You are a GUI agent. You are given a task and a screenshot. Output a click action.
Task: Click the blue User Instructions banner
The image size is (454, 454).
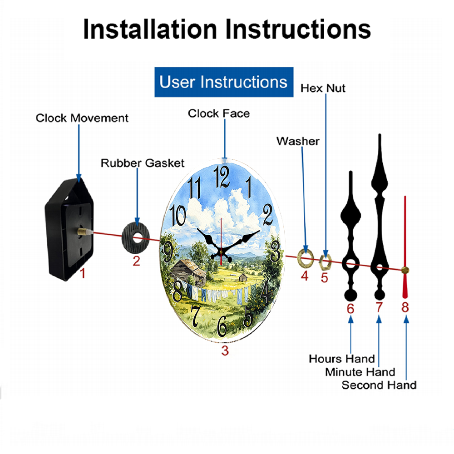[224, 82]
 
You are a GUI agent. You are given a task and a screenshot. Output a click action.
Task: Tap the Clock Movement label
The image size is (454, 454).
[82, 118]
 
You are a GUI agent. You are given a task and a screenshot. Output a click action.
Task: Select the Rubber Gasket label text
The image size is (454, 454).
[143, 163]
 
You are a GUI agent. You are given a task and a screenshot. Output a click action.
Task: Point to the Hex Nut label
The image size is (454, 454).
[323, 89]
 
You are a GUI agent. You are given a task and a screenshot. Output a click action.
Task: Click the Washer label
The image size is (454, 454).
[298, 141]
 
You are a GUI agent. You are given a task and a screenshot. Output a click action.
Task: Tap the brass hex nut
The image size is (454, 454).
[325, 262]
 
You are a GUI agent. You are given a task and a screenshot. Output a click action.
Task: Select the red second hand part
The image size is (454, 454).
[405, 247]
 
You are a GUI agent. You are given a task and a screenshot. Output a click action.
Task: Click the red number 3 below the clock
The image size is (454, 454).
[225, 351]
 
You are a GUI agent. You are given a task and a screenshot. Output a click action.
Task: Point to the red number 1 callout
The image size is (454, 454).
[83, 273]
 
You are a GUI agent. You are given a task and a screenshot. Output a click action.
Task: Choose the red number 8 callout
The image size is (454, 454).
[405, 307]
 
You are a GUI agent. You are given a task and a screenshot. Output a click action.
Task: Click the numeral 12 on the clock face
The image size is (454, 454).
[222, 177]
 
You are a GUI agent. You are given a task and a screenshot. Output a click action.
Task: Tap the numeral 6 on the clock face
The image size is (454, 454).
[222, 326]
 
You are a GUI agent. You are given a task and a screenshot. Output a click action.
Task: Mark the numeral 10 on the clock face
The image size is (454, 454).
[178, 215]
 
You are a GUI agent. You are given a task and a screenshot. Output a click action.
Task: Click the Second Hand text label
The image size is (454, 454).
[379, 385]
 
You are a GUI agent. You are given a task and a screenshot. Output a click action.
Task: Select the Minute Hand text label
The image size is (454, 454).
[360, 372]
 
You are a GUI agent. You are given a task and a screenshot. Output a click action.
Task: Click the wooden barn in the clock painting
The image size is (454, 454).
[188, 271]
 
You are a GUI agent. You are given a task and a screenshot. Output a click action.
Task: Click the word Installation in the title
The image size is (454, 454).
[150, 29]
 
